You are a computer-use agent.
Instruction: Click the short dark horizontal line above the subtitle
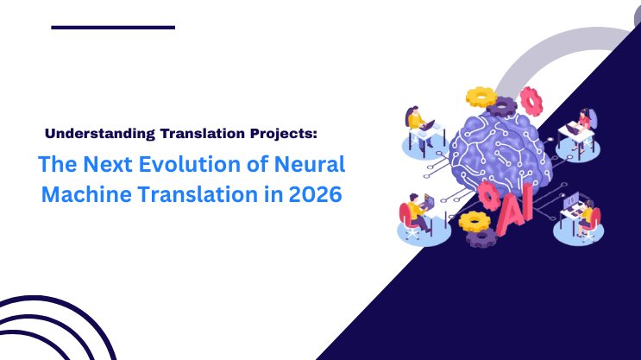click(x=113, y=27)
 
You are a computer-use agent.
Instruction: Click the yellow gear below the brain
click(x=474, y=221)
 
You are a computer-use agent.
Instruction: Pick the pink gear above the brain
click(x=530, y=101)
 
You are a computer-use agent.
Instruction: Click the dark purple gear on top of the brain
click(x=503, y=106)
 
